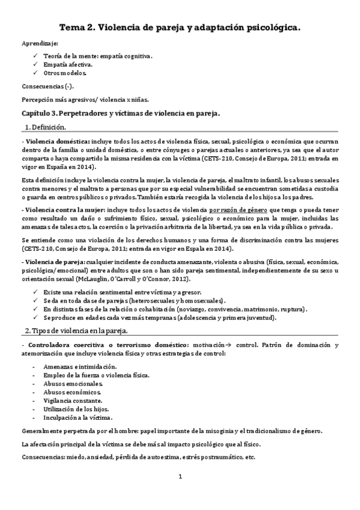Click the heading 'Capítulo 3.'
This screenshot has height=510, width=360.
pos(46,112)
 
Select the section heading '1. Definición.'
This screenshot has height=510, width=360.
pos(46,127)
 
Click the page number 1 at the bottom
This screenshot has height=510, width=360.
pos(180,477)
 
